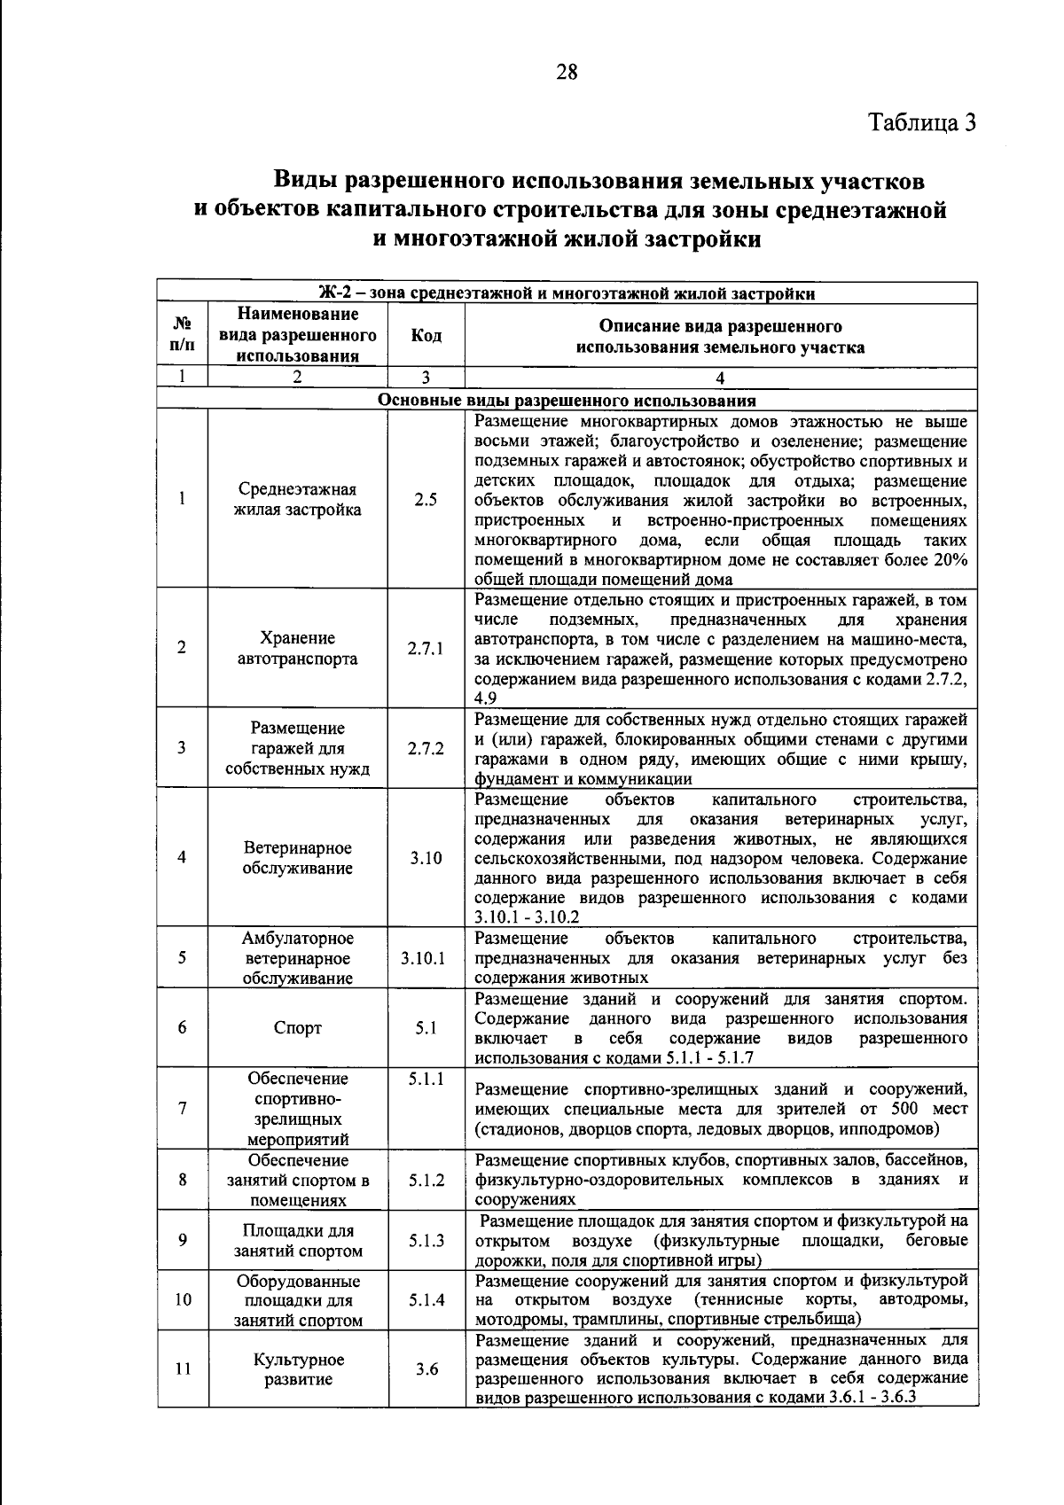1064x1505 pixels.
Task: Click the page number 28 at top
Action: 567,73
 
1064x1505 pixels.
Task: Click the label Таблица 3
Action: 921,122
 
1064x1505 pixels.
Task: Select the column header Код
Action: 426,336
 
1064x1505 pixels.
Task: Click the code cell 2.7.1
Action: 426,649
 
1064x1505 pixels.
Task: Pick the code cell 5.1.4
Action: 426,1300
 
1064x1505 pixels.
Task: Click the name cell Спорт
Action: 298,1028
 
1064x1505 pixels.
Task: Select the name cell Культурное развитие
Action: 298,1369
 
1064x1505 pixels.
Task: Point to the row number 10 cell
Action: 183,1300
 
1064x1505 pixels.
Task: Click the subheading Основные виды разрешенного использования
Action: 567,400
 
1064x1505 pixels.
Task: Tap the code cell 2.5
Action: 426,500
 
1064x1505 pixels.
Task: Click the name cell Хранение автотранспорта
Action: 298,649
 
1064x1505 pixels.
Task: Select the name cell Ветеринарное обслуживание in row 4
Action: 298,858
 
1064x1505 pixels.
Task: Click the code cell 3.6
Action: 426,1369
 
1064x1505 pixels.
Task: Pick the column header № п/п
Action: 183,336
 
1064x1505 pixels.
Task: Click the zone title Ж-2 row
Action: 567,293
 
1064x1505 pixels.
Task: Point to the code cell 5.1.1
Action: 426,1079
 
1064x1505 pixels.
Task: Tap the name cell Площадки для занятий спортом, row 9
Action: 298,1241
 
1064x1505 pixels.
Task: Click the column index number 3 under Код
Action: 426,378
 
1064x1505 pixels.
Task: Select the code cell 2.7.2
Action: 426,748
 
